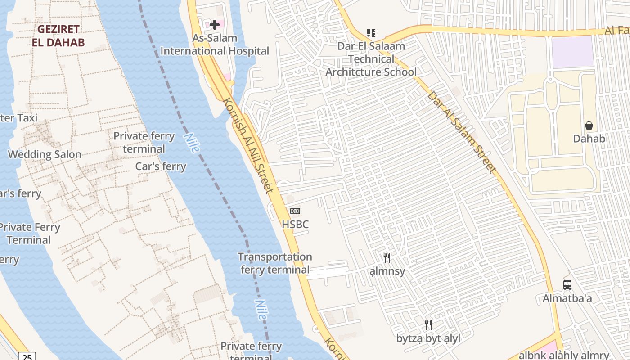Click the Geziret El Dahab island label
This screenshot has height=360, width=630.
pyautogui.click(x=58, y=36)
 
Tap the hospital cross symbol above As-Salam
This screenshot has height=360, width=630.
pyautogui.click(x=215, y=25)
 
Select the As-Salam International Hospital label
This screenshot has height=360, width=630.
pyautogui.click(x=215, y=45)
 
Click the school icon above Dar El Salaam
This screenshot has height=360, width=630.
pyautogui.click(x=371, y=32)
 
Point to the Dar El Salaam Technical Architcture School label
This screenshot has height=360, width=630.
pyautogui.click(x=371, y=59)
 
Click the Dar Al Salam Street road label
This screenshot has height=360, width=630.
pyautogui.click(x=462, y=132)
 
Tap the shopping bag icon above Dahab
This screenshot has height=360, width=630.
pyautogui.click(x=589, y=126)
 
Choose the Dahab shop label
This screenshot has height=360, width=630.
pyautogui.click(x=589, y=139)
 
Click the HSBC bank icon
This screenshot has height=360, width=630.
pyautogui.click(x=295, y=211)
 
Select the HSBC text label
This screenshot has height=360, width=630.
pyautogui.click(x=295, y=224)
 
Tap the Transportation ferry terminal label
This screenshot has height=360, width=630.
pyautogui.click(x=275, y=263)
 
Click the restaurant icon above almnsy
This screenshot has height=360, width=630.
pyautogui.click(x=387, y=258)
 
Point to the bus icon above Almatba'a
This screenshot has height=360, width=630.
pyautogui.click(x=567, y=285)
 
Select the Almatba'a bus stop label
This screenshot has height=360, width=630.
pyautogui.click(x=567, y=298)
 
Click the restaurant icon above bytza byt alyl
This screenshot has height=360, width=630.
pyautogui.click(x=428, y=325)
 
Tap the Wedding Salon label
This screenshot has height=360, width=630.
pyautogui.click(x=45, y=154)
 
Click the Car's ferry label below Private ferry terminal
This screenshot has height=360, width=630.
pyautogui.click(x=161, y=166)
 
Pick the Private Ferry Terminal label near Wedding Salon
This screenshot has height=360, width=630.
pyautogui.click(x=30, y=234)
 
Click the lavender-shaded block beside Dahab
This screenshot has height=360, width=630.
pyautogui.click(x=572, y=52)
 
